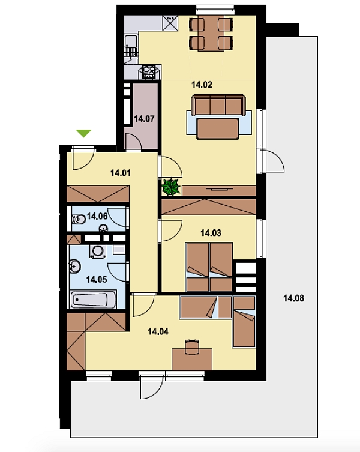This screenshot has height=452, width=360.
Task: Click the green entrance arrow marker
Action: (83, 133)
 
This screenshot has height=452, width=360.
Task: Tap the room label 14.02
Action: (202, 85)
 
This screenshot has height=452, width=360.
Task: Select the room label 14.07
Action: (144, 119)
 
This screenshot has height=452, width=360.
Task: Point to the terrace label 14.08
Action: (293, 298)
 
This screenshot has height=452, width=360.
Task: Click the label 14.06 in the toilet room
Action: (97, 216)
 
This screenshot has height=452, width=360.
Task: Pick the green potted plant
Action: (171, 187)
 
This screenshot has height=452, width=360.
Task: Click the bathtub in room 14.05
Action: (94, 300)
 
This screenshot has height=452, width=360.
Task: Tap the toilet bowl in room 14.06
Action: (79, 220)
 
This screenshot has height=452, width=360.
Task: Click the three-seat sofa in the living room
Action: (218, 105)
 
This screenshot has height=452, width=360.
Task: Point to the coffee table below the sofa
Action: (218, 128)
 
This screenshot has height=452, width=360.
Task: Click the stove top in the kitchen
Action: (149, 72)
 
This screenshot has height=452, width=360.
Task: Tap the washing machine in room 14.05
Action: (98, 251)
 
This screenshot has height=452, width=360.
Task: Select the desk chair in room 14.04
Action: (192, 348)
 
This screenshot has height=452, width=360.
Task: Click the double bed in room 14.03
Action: (209, 267)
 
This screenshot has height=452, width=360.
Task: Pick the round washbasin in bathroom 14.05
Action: (74, 266)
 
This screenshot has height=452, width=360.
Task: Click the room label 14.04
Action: (158, 332)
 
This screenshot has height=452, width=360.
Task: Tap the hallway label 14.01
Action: (121, 173)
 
